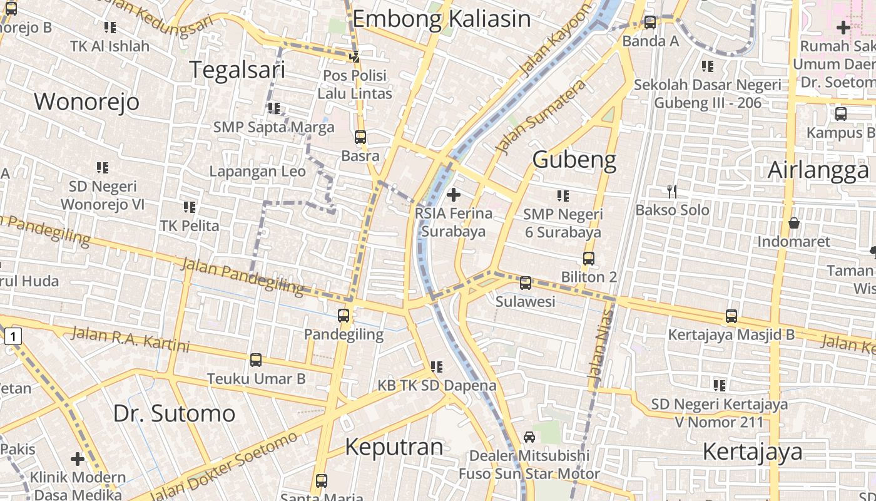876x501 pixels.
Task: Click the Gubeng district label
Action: point(574,160)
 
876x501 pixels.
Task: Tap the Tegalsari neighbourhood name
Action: point(237,70)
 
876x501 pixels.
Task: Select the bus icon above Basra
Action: point(360,137)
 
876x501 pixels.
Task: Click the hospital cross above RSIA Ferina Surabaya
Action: point(454,195)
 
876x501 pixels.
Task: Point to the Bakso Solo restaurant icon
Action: point(672,191)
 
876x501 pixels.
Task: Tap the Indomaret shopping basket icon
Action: point(793,223)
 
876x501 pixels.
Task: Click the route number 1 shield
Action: point(14,337)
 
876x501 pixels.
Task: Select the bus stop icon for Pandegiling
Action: point(344,316)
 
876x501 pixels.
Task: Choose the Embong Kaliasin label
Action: point(441,19)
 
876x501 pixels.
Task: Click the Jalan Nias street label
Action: point(600,343)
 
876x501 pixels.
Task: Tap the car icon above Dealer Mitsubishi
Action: point(529,437)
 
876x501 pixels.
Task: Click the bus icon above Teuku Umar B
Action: point(256,360)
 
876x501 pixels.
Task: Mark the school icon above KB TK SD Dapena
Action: point(436,366)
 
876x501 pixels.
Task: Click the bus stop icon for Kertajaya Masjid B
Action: point(731,316)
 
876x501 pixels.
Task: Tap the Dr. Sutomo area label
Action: point(174,413)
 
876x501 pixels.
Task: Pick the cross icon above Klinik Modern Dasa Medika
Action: point(78,459)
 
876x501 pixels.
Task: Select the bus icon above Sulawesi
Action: point(526,283)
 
